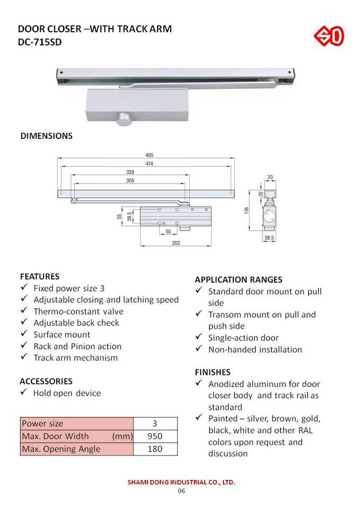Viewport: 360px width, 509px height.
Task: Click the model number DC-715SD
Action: click(40, 42)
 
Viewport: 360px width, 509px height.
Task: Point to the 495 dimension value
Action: click(150, 155)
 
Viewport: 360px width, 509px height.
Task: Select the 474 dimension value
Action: click(150, 164)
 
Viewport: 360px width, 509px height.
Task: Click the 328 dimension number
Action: click(130, 172)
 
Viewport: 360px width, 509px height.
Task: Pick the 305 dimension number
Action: click(130, 181)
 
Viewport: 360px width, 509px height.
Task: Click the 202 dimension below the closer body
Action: click(176, 243)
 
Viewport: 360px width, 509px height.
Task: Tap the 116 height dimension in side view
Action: click(247, 210)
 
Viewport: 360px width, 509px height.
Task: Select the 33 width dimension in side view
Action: click(270, 177)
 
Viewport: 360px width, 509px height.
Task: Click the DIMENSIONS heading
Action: click(47, 136)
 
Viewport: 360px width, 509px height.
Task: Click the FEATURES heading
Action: click(40, 276)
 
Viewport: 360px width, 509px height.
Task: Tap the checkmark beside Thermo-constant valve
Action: click(24, 311)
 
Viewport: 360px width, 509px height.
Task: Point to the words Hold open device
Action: click(67, 393)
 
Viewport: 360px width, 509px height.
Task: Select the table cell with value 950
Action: click(155, 436)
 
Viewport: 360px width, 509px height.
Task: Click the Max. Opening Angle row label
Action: click(60, 449)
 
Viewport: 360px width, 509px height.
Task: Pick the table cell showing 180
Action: click(155, 449)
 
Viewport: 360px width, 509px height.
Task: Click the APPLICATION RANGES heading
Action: click(239, 279)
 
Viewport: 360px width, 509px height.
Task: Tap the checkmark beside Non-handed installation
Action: click(199, 349)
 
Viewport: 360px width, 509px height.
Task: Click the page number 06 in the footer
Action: click(181, 492)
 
